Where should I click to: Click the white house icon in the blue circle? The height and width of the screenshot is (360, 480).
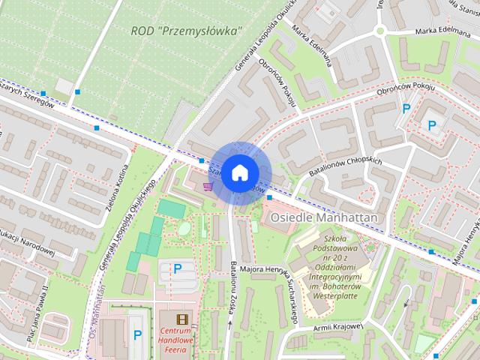[x=239, y=172]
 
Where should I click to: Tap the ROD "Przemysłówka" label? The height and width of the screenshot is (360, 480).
[x=187, y=31]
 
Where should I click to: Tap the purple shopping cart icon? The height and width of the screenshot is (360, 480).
[x=206, y=184]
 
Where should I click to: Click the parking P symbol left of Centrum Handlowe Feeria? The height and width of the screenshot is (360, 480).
[x=136, y=335]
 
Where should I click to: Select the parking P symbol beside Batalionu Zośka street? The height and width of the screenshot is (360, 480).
[x=178, y=268]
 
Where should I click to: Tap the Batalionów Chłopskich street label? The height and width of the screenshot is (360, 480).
[x=346, y=168]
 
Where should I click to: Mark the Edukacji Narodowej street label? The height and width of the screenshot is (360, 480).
[x=26, y=240]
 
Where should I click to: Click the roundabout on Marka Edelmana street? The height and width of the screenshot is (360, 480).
[x=379, y=31]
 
